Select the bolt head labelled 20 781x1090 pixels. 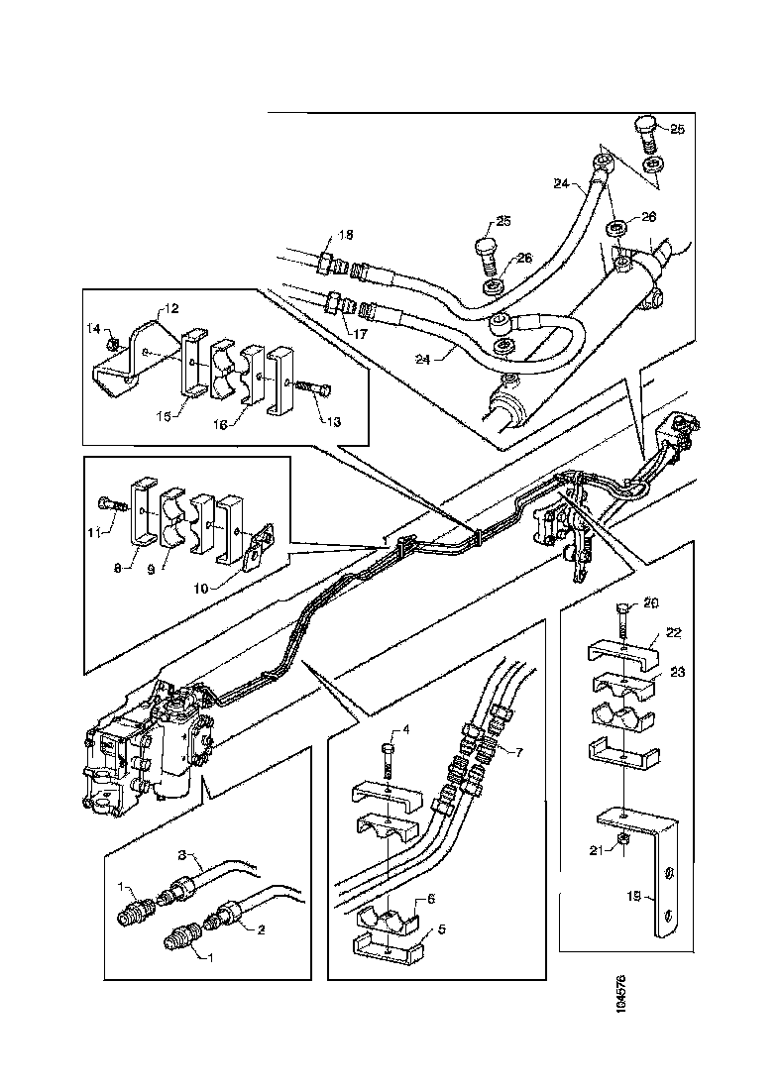click(622, 608)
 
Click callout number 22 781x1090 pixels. click(674, 631)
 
